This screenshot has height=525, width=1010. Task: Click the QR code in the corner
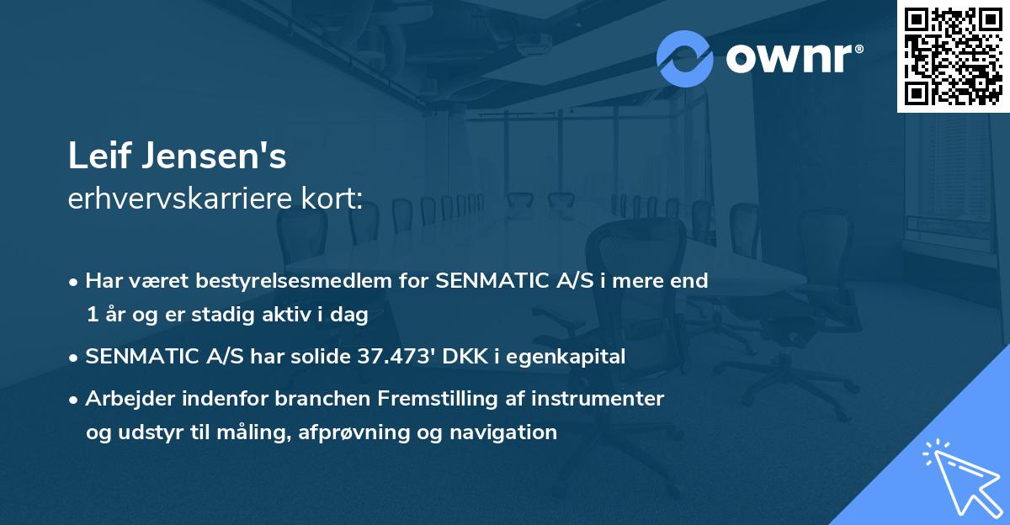(953, 56)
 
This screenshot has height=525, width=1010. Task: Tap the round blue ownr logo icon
(685, 59)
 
